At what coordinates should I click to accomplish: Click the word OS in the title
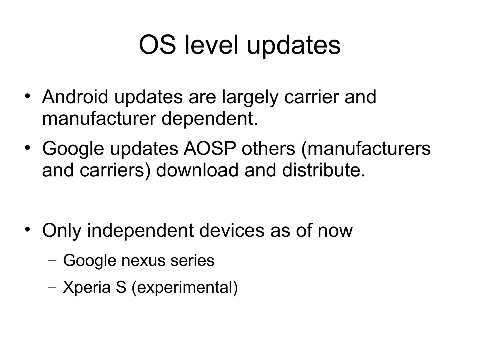(x=157, y=45)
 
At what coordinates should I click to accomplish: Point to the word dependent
(x=209, y=119)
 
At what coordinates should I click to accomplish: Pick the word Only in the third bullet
(x=61, y=230)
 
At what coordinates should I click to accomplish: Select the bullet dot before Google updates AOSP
(x=27, y=148)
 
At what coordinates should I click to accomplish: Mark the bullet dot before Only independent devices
(x=27, y=230)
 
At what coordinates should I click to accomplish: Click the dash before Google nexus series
(x=52, y=261)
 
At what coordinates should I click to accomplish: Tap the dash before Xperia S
(x=52, y=288)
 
